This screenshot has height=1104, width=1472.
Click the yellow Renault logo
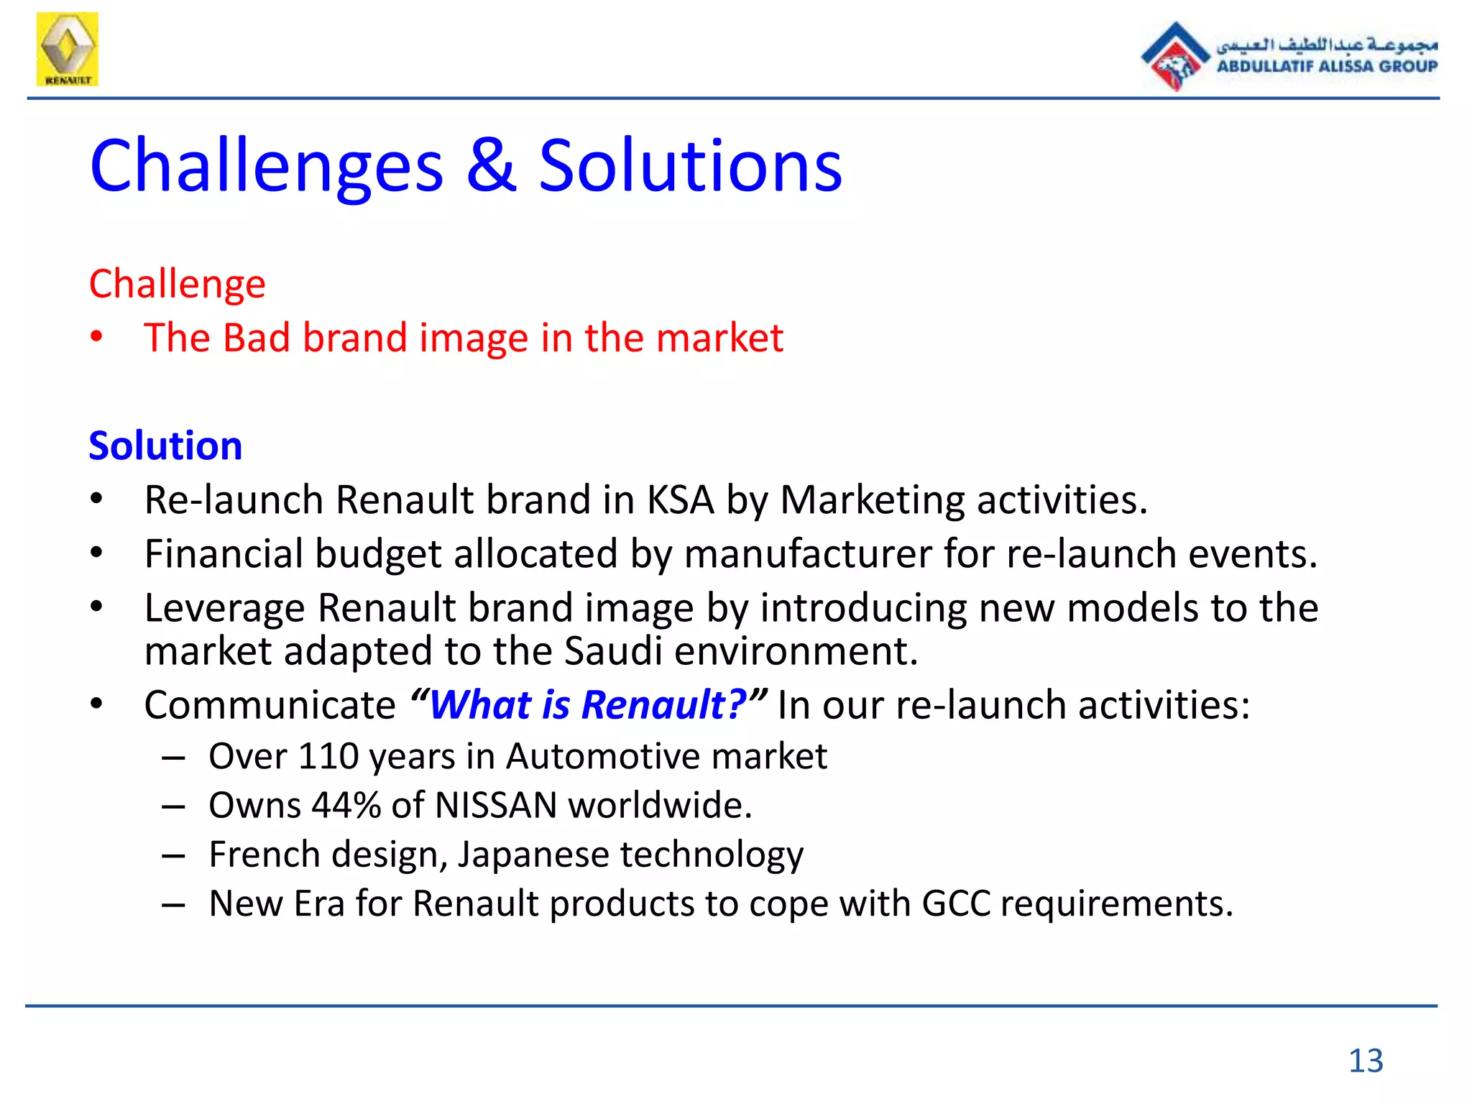point(67,49)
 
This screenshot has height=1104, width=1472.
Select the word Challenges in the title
point(267,167)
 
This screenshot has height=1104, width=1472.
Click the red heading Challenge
point(177,285)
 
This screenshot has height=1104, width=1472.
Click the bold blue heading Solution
point(165,446)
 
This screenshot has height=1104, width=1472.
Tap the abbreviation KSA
point(680,500)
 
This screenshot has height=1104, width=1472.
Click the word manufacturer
point(807,555)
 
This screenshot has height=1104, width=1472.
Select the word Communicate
point(270,705)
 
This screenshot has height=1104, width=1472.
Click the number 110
point(328,757)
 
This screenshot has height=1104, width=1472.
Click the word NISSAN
point(496,806)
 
